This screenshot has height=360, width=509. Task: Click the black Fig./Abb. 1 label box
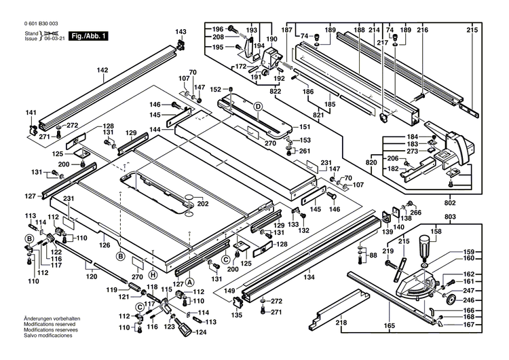point(71,35)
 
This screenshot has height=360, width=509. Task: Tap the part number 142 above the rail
point(102,70)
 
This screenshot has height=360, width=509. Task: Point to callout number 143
point(181,32)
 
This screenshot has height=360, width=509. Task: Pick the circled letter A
point(191,281)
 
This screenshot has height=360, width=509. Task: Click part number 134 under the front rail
point(309,276)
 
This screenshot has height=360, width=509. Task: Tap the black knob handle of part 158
point(426,244)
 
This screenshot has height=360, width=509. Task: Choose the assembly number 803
point(451,217)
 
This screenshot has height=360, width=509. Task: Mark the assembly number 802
point(451,202)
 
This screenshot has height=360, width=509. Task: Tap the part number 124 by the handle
point(200,332)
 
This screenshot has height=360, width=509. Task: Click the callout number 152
point(215,90)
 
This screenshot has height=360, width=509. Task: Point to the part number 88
point(372,255)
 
